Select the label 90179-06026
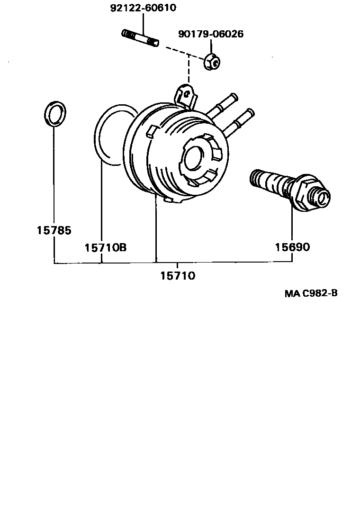(x=211, y=34)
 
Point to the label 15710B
(x=106, y=247)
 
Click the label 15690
(x=292, y=247)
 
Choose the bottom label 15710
(x=177, y=275)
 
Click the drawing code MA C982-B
(x=311, y=293)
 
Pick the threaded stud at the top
(x=140, y=38)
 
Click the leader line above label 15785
(x=54, y=175)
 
